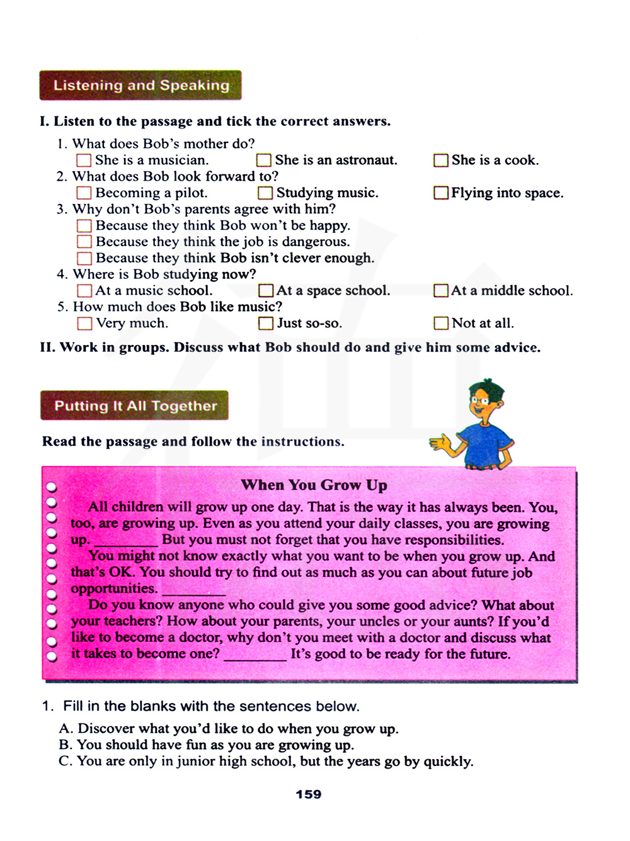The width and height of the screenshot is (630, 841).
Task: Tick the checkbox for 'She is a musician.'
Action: tap(83, 161)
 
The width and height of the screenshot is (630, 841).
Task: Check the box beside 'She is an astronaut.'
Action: tap(264, 161)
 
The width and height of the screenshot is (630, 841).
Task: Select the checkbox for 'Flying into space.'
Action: tap(441, 193)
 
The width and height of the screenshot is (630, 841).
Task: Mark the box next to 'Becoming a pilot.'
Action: tap(84, 193)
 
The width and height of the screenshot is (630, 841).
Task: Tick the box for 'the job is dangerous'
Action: tap(84, 242)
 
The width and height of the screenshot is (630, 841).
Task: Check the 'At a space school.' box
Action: tap(266, 290)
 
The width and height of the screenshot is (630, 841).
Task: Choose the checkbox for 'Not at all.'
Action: tap(441, 324)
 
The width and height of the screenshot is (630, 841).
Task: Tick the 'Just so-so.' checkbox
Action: tap(266, 324)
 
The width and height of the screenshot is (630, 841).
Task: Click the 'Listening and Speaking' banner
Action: tap(140, 86)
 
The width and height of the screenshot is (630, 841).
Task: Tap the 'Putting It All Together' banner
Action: tap(135, 406)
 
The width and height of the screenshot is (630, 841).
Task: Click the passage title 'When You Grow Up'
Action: tap(314, 485)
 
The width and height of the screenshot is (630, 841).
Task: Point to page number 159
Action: tap(309, 794)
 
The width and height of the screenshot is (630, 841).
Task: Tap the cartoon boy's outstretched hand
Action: tap(442, 444)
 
